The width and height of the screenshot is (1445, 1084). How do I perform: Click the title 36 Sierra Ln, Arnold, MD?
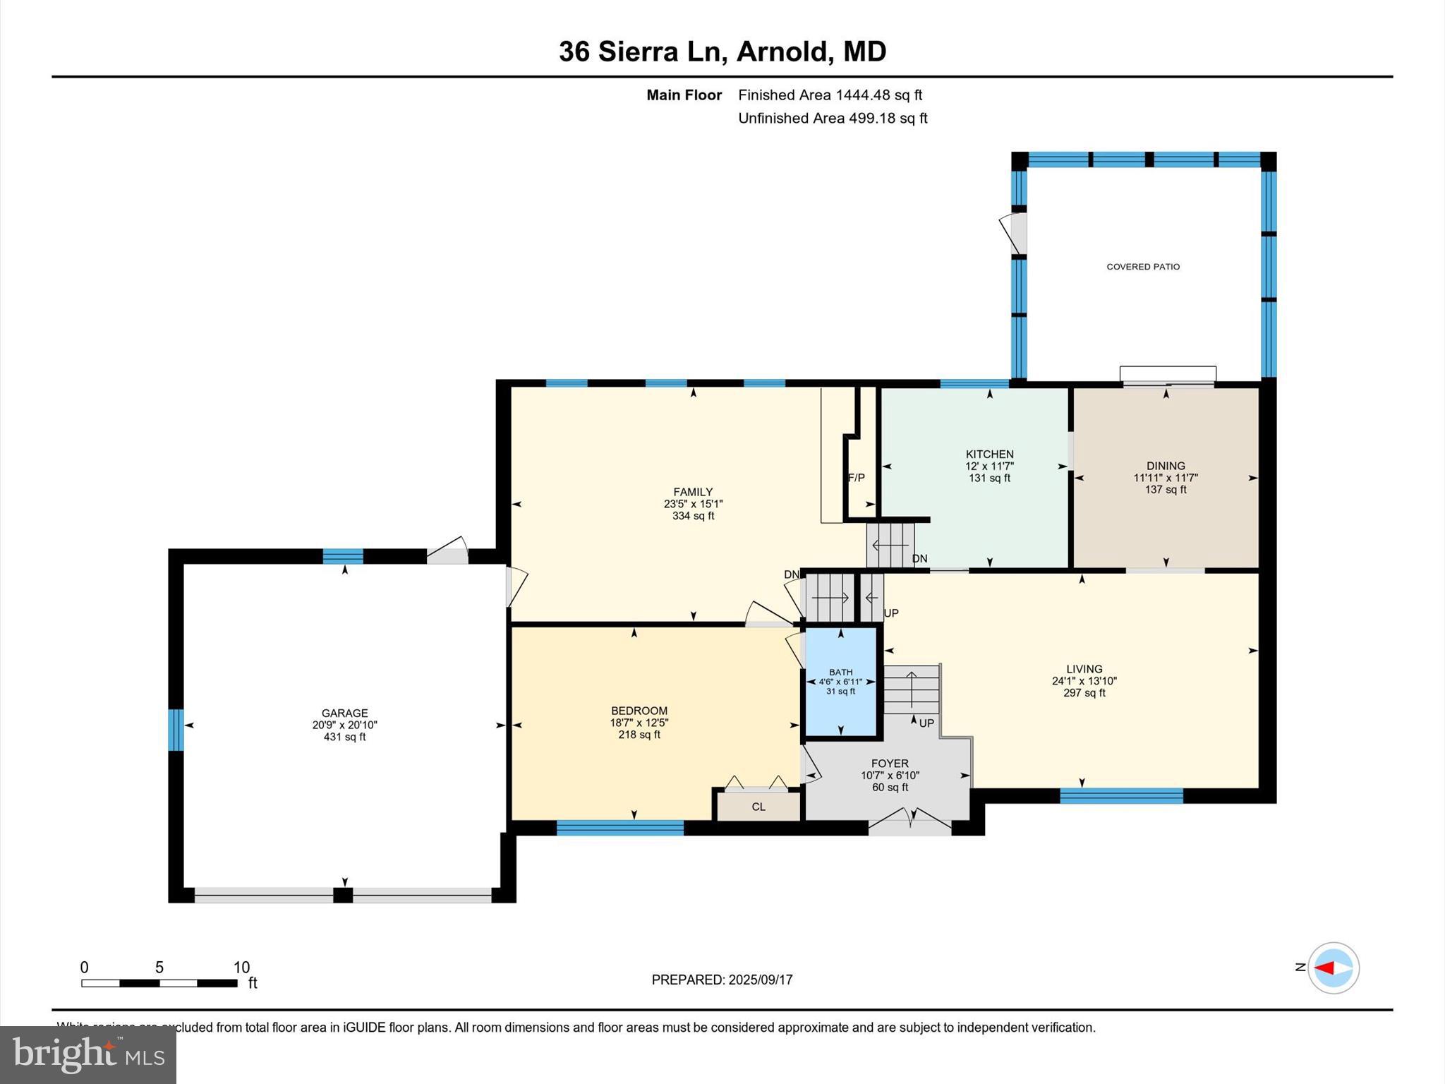tap(722, 52)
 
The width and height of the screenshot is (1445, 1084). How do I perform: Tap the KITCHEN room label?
tap(989, 454)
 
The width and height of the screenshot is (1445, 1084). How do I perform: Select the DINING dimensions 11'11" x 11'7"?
tap(1166, 478)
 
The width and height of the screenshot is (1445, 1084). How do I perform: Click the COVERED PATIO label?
tap(1143, 267)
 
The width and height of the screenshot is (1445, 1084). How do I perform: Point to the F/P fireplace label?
tap(856, 478)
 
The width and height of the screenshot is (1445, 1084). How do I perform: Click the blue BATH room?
tap(841, 699)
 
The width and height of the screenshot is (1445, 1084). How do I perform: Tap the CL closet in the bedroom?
tap(758, 807)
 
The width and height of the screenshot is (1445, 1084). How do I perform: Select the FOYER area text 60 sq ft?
tap(890, 788)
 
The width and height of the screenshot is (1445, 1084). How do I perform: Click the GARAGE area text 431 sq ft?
tap(344, 737)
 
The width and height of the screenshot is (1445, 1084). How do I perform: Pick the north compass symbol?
tap(1333, 968)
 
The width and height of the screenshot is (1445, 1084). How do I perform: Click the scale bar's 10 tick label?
tap(241, 968)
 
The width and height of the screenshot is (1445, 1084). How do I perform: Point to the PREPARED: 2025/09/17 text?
tap(722, 980)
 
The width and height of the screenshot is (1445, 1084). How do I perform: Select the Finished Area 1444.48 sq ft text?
tap(830, 95)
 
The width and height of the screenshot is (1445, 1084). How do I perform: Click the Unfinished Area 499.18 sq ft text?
tap(833, 119)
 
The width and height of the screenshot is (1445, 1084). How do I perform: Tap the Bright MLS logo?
tap(88, 1054)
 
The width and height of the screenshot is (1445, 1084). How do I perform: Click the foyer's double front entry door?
tap(910, 823)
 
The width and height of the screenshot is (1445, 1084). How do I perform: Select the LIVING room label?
tap(1084, 669)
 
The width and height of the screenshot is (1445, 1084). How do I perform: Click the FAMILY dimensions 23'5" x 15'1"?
tap(693, 504)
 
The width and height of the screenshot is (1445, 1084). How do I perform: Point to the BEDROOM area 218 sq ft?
tap(639, 735)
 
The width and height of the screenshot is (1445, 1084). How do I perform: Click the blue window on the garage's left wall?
tap(176, 730)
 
